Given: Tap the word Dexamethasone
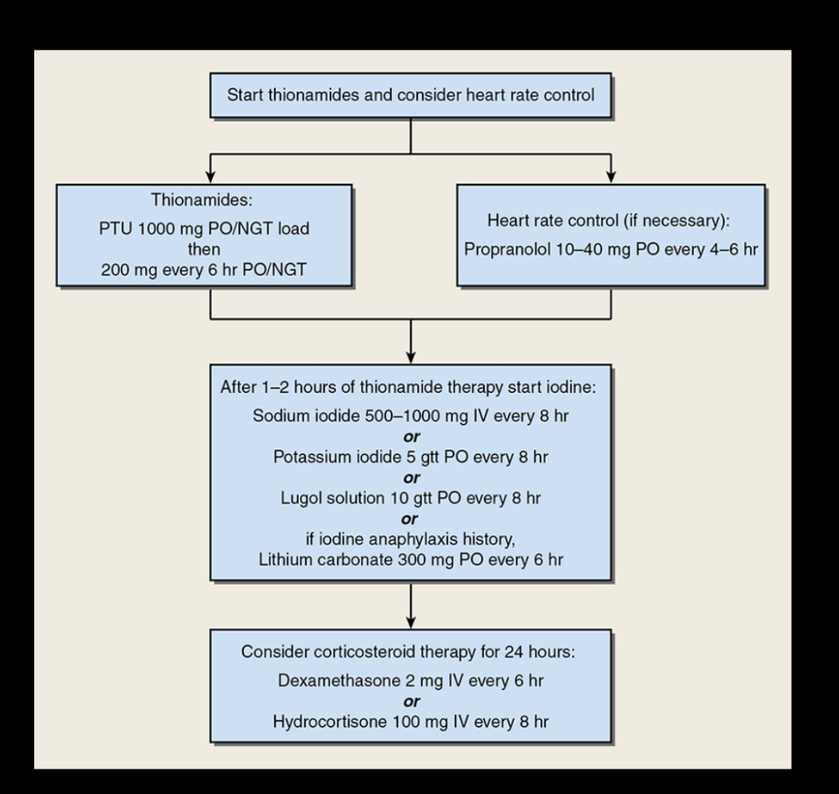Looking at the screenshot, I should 318,679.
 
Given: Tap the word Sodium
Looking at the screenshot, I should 277,414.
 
